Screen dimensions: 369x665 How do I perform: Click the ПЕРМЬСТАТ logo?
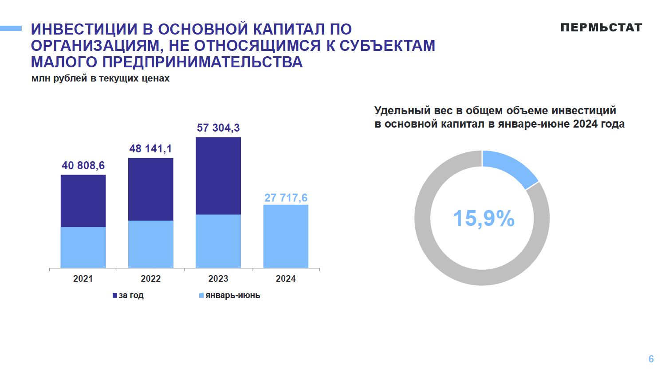click(601, 27)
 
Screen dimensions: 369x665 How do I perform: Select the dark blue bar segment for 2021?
click(83, 201)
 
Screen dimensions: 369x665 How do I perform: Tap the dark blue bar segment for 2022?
click(150, 189)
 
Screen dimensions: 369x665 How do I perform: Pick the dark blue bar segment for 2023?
click(218, 175)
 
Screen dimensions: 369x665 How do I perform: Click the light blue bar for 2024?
click(286, 236)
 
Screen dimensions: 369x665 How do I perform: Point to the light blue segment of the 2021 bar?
click(83, 247)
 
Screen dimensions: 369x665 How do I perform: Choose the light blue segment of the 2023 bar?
click(218, 241)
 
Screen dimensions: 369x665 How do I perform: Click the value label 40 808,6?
click(83, 166)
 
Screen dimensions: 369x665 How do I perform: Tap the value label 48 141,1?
click(150, 149)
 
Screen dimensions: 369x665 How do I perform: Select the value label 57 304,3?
click(218, 128)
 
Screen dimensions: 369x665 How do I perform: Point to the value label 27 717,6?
click(286, 198)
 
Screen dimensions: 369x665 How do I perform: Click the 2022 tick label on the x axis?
click(150, 279)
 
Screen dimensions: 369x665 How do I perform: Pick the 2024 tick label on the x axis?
click(286, 279)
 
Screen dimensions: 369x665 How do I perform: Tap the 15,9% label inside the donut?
click(484, 218)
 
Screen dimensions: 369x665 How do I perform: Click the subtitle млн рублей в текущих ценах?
click(101, 78)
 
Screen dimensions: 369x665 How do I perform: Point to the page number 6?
click(651, 359)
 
